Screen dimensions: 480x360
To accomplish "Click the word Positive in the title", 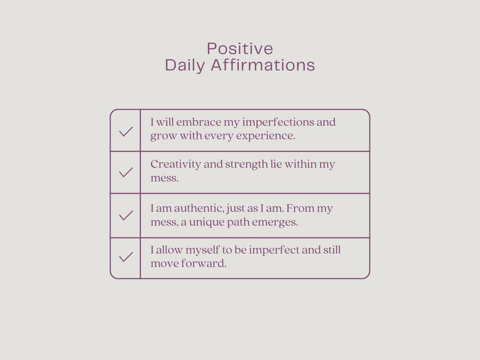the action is [240, 49].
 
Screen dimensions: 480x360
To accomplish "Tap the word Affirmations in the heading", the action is [263, 65].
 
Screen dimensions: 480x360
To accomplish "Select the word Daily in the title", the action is [185, 66].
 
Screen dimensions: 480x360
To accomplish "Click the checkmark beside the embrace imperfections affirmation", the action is [126, 132].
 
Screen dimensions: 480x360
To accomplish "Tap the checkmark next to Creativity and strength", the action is [126, 172].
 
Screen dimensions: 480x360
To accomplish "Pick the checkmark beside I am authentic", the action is [126, 215].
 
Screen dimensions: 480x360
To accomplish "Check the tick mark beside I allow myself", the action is [126, 257].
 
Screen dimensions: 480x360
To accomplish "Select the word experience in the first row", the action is [266, 136].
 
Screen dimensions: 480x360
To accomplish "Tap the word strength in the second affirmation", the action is [247, 165].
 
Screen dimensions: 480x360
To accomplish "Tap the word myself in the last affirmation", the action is [203, 251].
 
